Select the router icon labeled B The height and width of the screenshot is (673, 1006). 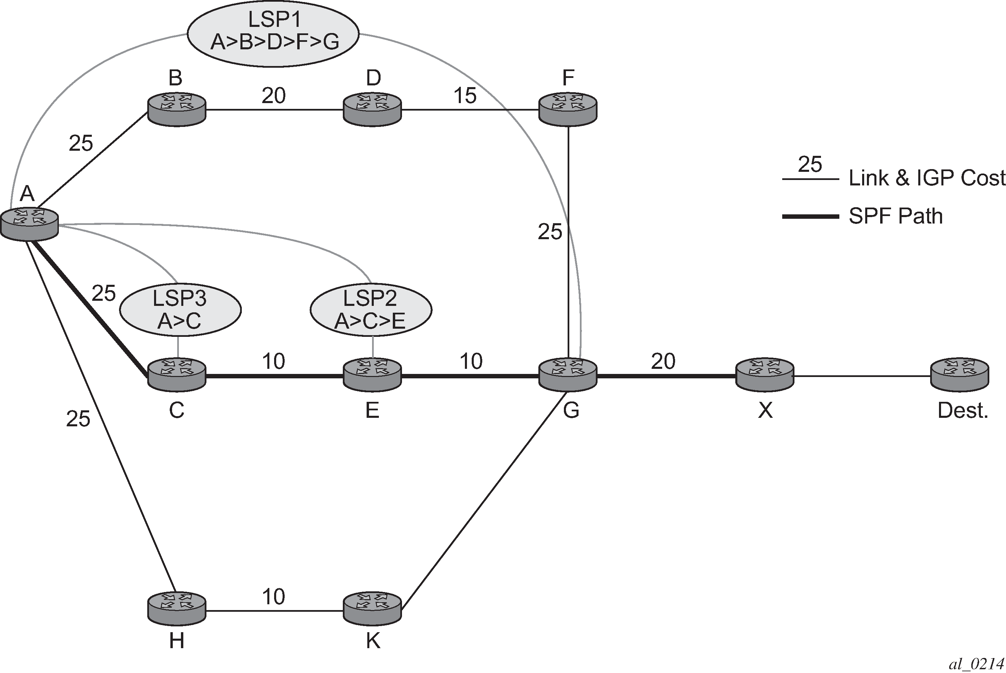click(177, 110)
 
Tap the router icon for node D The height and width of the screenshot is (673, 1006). click(372, 110)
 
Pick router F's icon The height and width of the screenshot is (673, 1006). click(568, 110)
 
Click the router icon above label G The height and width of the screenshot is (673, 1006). click(568, 376)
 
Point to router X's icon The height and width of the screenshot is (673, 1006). click(765, 376)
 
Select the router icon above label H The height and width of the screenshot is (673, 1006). click(177, 610)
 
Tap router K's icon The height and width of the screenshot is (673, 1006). click(372, 610)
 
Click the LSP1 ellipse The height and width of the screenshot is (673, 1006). click(273, 34)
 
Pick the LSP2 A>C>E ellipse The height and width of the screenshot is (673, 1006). click(371, 310)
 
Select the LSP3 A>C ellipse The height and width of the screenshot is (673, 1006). click(180, 310)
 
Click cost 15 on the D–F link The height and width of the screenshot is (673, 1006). click(465, 96)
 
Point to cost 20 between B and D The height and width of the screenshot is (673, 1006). click(273, 96)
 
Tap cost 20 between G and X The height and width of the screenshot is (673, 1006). click(663, 361)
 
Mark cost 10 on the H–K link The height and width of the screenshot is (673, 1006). click(273, 596)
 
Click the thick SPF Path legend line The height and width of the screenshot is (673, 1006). click(811, 217)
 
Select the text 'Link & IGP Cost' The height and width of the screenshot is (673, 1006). click(927, 178)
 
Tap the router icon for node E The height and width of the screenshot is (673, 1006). click(372, 376)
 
